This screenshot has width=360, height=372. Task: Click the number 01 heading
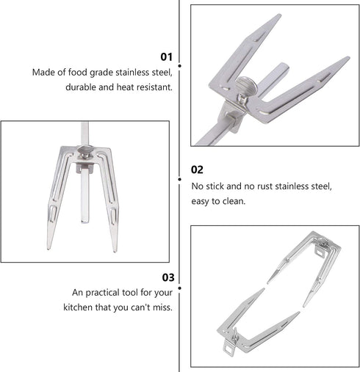[x=166, y=56]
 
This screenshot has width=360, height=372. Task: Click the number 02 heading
[x=197, y=169]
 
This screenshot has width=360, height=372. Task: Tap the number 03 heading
[x=168, y=277]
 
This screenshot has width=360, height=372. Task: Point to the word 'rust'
[x=264, y=186]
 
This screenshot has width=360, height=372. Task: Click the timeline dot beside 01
[x=180, y=66]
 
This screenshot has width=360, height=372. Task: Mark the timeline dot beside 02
[x=180, y=179]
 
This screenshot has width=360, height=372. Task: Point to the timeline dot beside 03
[x=180, y=288]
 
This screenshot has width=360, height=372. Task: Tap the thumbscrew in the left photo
[x=84, y=150]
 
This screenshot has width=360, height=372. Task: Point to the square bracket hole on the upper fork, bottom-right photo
[x=319, y=251]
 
